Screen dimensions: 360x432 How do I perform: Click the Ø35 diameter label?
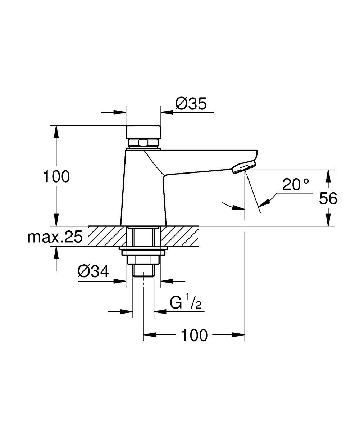point(191,103)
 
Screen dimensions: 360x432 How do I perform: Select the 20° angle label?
point(296,184)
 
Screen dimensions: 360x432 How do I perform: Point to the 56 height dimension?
point(328,198)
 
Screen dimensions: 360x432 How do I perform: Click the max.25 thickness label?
point(55,237)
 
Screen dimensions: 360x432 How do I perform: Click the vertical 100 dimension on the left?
point(56,176)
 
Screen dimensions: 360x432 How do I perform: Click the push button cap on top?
point(143,132)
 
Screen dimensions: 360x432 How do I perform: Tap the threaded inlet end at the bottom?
point(143,270)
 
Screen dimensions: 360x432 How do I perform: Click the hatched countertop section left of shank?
point(107,236)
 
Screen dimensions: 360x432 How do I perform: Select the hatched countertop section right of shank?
point(179,236)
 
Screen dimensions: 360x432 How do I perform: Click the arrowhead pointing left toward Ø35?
point(167,112)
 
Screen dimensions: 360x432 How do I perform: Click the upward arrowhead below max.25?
point(56,252)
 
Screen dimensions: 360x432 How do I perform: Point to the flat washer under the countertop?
point(143,253)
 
